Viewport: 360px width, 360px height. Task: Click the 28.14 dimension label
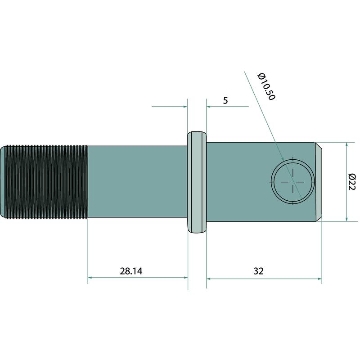tap(131, 271)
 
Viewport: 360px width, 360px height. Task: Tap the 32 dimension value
tap(258, 271)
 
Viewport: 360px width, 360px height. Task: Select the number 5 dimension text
tap(225, 100)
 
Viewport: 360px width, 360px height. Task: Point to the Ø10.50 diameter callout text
tap(266, 86)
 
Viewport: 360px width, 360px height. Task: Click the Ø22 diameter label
tap(352, 182)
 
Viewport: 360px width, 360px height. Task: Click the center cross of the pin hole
tap(293, 182)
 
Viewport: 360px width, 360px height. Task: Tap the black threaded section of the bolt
tap(46, 182)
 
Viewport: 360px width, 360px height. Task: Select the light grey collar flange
tap(197, 182)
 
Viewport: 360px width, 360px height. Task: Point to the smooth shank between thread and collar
tap(138, 181)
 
